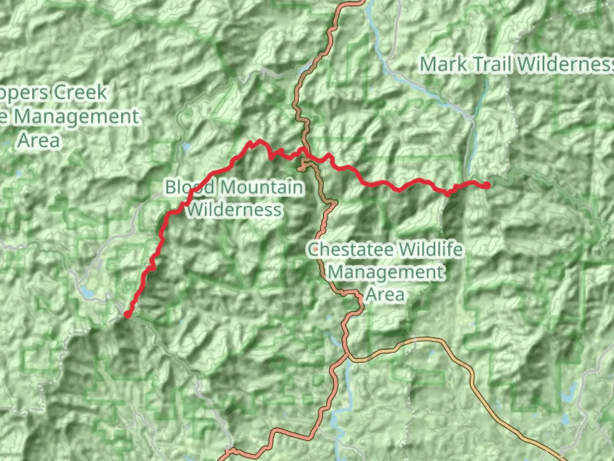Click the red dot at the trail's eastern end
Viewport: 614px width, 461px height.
point(487,185)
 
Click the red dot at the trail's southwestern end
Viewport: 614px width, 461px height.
point(127,315)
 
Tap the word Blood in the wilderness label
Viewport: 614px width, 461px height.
point(190,187)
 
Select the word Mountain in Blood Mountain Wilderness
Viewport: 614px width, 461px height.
point(262,187)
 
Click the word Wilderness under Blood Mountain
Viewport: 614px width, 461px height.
point(235,210)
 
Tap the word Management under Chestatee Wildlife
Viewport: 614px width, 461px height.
point(386,272)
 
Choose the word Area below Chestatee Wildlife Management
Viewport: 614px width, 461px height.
point(385,294)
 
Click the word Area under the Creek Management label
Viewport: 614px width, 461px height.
point(38,140)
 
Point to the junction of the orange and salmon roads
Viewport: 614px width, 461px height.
point(348,356)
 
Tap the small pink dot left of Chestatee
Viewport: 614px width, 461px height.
point(315,248)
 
